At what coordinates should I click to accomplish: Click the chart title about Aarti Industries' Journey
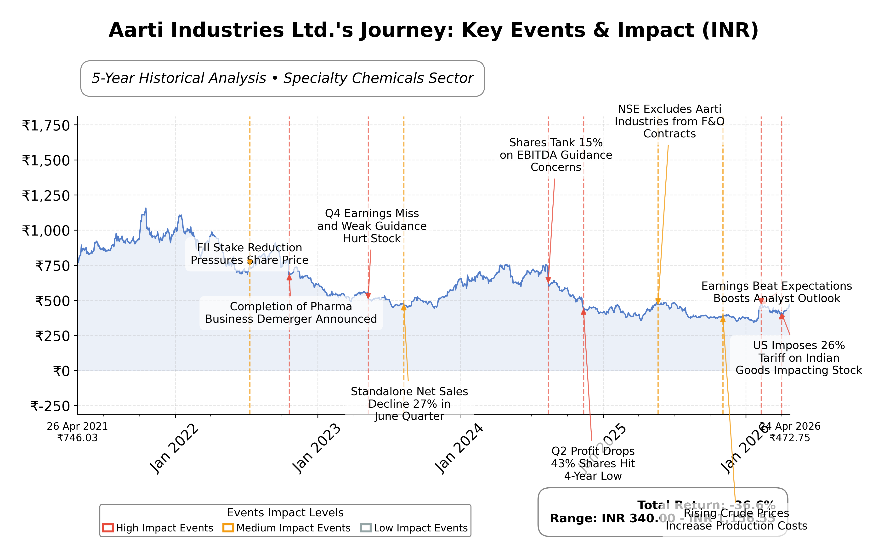[433, 30]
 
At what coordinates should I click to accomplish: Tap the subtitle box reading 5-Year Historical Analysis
[282, 79]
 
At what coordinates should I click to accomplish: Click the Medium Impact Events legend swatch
[228, 528]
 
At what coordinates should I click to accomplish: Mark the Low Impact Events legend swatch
[366, 528]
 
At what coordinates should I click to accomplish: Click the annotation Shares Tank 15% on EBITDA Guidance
[556, 155]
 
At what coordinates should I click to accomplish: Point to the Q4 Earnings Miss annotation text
[372, 226]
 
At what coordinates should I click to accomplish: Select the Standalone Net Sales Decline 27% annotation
[409, 404]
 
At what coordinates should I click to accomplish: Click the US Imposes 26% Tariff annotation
[799, 358]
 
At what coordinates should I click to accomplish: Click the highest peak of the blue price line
[146, 209]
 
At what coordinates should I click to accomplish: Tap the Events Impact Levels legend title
[285, 513]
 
